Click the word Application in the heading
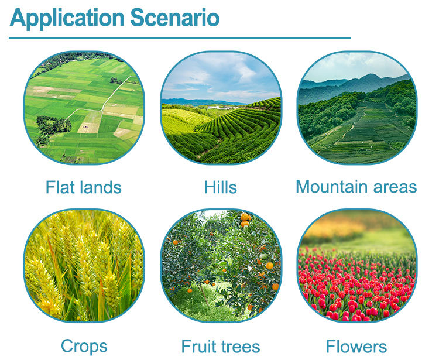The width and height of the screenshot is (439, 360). coord(67,19)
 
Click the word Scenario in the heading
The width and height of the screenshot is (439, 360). coord(175,18)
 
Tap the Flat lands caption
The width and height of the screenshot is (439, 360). coord(84,187)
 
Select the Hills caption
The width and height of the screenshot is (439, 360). coord(221,187)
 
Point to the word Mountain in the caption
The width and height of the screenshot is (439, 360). coord(332,187)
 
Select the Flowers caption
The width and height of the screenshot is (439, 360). coord(356,347)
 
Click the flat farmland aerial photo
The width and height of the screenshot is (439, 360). coord(84,108)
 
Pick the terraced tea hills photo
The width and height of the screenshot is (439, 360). coord(221,108)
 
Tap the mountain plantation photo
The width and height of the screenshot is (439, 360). coord(357,108)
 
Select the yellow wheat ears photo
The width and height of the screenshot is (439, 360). coord(84,266)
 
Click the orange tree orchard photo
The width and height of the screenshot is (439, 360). coord(221,266)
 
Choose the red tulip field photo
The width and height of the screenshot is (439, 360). coord(357,266)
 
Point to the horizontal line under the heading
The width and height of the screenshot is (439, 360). coord(180,37)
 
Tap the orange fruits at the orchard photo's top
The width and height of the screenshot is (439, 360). coord(245,219)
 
